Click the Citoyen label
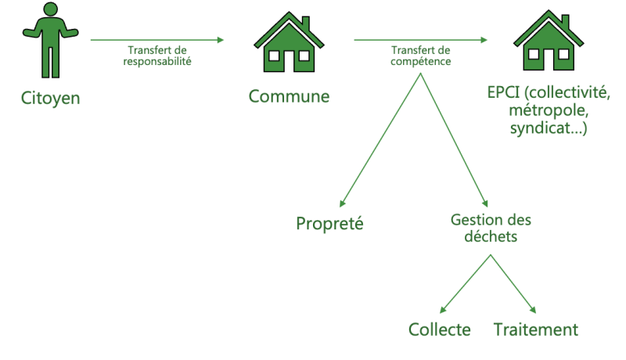pyautogui.click(x=50, y=98)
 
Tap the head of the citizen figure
pyautogui.click(x=50, y=9)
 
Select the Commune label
pyautogui.click(x=289, y=96)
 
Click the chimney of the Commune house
pyautogui.click(x=306, y=23)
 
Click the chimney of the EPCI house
pyautogui.click(x=565, y=21)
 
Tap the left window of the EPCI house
pyautogui.click(x=534, y=54)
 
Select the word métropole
pyautogui.click(x=549, y=110)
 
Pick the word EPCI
pyautogui.click(x=503, y=92)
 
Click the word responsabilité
pyautogui.click(x=157, y=62)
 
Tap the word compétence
pyautogui.click(x=421, y=62)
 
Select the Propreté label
pyautogui.click(x=329, y=224)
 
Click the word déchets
pyautogui.click(x=491, y=236)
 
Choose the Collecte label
pyautogui.click(x=440, y=329)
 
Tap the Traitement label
pyautogui.click(x=536, y=329)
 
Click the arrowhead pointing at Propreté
pyautogui.click(x=342, y=203)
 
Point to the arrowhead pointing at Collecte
pyautogui.click(x=442, y=310)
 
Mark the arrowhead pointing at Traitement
pyautogui.click(x=533, y=310)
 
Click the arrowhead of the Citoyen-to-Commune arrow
pyautogui.click(x=221, y=40)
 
